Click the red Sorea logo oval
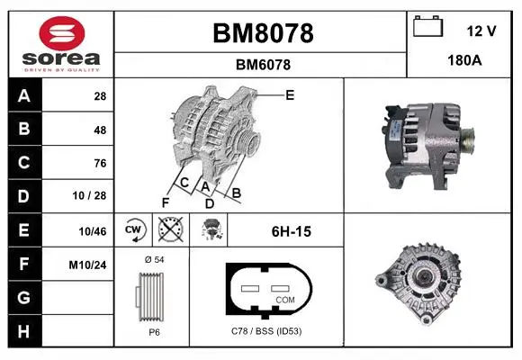(62, 33)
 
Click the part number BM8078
(263, 33)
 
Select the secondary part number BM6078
(263, 65)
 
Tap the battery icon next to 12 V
(428, 27)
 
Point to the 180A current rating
(464, 60)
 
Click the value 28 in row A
(100, 96)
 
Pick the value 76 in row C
(100, 163)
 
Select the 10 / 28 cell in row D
(89, 195)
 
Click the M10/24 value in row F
(87, 265)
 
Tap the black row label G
(24, 297)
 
